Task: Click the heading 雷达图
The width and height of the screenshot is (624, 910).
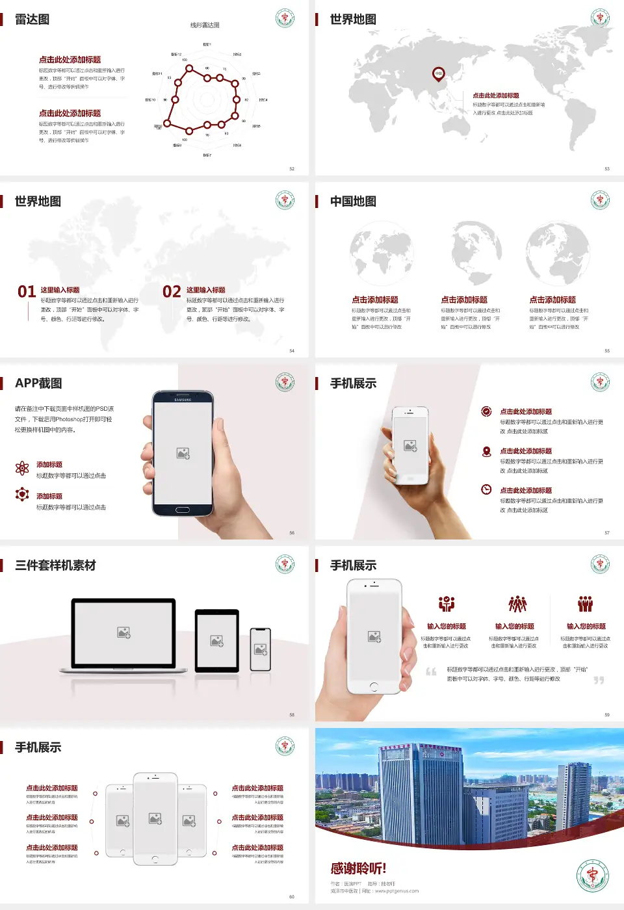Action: [x=32, y=19]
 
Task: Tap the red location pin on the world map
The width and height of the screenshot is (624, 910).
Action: [x=439, y=73]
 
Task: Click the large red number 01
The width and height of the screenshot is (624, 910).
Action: [x=27, y=292]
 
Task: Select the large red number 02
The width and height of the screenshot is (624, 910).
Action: [x=172, y=292]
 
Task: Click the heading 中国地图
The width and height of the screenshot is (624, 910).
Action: [x=353, y=201]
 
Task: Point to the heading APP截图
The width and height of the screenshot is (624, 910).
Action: [x=38, y=383]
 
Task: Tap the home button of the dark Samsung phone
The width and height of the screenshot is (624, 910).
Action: [x=183, y=510]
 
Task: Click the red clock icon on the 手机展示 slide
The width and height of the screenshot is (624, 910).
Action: [x=486, y=489]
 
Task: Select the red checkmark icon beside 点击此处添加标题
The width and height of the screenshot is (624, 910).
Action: [x=486, y=411]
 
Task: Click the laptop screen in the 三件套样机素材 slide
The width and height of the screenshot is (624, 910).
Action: [x=123, y=632]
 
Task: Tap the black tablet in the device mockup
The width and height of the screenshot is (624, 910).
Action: [x=217, y=641]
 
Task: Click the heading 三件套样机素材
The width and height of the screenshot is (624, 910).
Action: [x=55, y=565]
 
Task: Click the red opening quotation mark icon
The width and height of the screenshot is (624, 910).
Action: [x=431, y=671]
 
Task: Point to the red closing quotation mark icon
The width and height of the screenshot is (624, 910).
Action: [x=599, y=681]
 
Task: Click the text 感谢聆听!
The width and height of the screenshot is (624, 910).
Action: [x=358, y=868]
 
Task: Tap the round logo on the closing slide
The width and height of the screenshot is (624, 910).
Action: [x=592, y=876]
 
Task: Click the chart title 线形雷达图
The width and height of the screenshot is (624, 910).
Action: [x=205, y=25]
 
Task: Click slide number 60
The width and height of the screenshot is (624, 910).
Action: [x=291, y=897]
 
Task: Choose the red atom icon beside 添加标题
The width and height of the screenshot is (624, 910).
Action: [x=22, y=468]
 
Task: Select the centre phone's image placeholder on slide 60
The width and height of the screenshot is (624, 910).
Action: [x=155, y=818]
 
